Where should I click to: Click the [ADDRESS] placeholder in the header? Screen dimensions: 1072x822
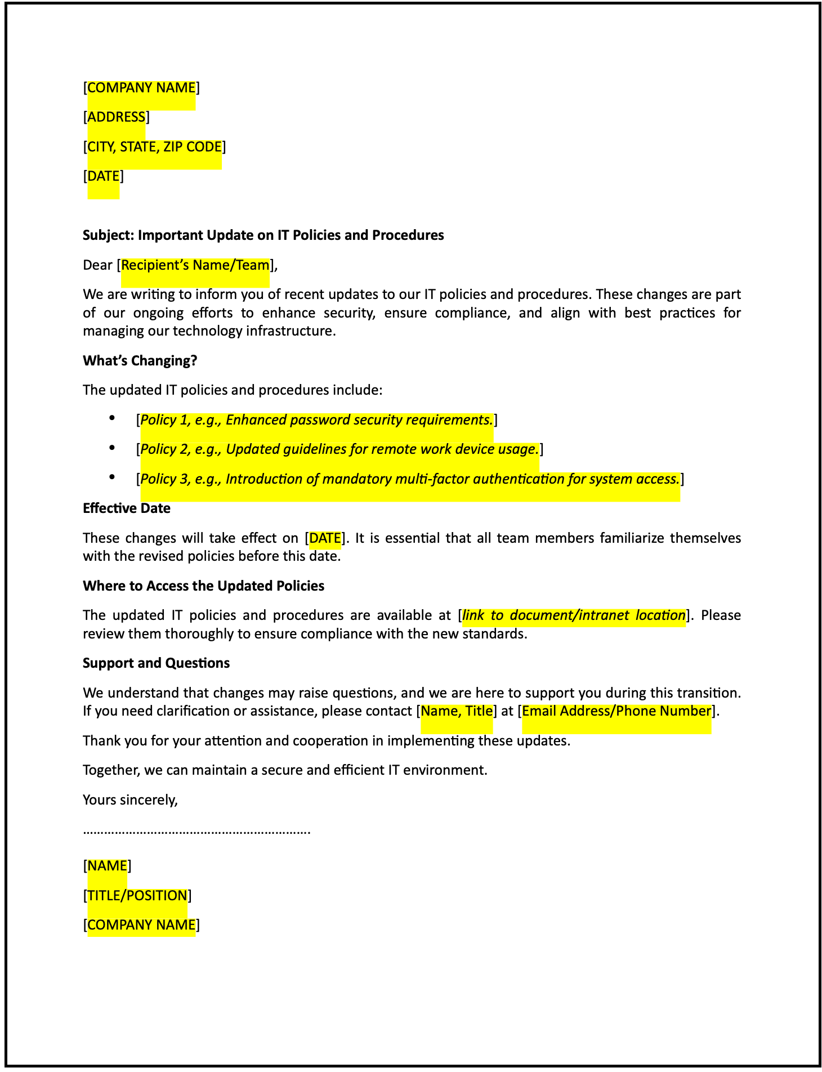116,117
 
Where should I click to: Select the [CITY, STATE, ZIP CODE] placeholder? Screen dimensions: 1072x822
154,147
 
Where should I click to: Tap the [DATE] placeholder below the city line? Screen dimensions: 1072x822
103,176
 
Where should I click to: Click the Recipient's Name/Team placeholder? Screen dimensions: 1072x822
195,265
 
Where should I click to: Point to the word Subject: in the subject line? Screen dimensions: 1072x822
108,235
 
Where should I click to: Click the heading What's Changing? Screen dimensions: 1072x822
140,360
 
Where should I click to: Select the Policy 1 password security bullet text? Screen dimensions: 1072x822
316,420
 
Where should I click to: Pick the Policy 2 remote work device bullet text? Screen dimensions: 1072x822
339,449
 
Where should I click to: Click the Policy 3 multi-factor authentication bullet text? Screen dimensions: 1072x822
409,479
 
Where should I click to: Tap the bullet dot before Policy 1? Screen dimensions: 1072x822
113,418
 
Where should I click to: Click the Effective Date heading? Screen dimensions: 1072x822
126,508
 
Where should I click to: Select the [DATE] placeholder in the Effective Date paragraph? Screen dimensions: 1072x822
325,538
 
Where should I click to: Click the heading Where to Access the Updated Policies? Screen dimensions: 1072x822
203,586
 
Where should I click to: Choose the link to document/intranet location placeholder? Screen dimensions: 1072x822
574,615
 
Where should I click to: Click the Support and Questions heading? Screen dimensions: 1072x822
156,663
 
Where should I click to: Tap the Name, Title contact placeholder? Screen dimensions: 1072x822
457,711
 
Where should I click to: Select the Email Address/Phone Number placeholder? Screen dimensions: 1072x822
616,711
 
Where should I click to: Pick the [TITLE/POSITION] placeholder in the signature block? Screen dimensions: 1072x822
137,896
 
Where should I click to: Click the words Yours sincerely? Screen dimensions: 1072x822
130,799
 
